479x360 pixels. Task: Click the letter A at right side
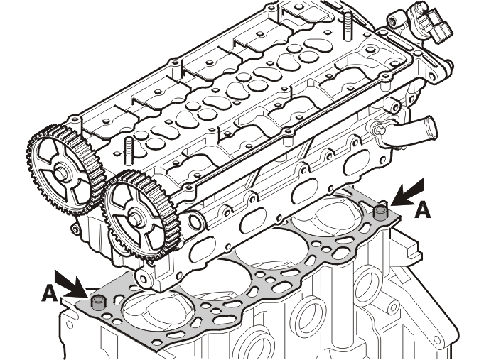click(x=423, y=210)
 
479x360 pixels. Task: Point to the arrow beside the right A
click(x=408, y=192)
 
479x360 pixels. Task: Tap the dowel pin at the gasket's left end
click(x=98, y=303)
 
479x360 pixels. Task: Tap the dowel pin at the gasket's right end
click(x=380, y=213)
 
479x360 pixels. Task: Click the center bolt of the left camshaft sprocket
click(x=60, y=173)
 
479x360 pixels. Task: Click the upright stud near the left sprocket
click(x=129, y=151)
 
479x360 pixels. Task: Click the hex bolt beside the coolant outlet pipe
click(x=380, y=129)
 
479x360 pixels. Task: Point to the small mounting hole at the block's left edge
click(x=70, y=325)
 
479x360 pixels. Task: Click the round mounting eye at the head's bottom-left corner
click(x=144, y=278)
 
